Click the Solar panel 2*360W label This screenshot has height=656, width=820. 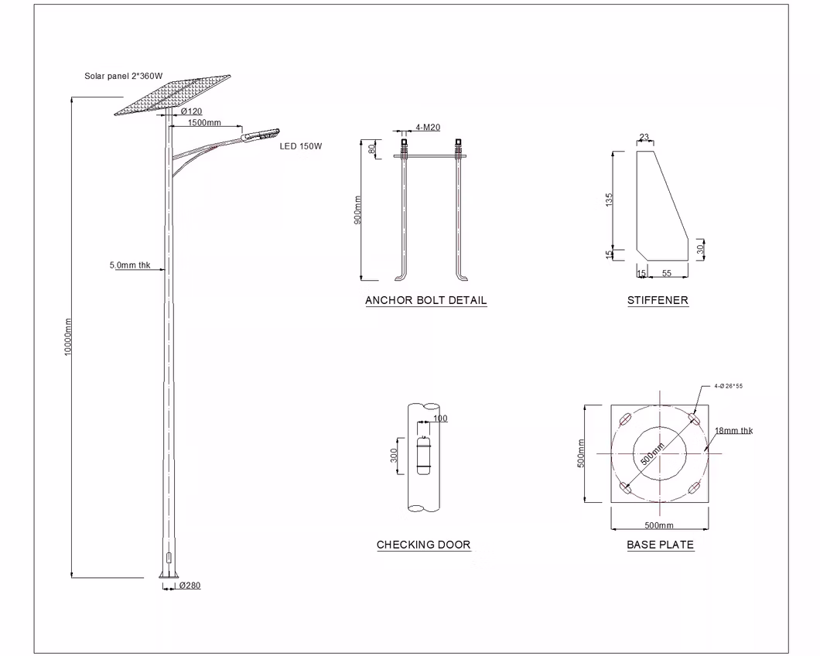124,77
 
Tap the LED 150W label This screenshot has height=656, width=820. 301,146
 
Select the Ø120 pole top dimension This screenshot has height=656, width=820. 191,111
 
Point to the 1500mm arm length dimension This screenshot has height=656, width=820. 204,123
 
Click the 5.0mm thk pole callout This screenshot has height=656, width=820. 130,265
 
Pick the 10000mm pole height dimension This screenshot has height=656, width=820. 68,337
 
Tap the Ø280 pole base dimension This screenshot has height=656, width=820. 190,586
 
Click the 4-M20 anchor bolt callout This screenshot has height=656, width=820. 428,127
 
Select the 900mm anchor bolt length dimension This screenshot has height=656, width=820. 357,210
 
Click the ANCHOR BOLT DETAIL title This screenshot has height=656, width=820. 425,300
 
